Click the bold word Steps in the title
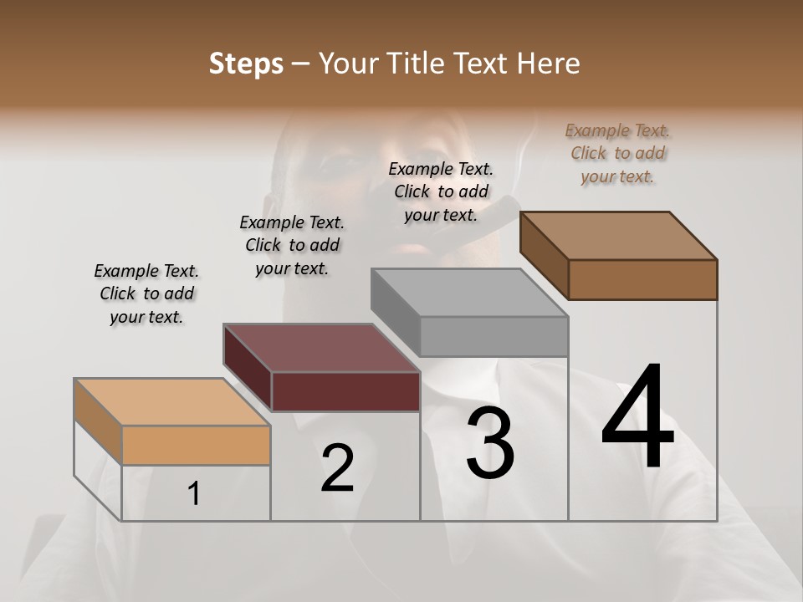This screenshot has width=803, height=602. (246, 64)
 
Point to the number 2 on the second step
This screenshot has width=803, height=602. (337, 468)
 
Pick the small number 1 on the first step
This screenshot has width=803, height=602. (194, 494)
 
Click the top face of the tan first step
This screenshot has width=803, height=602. (171, 402)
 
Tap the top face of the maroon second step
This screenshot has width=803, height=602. (321, 348)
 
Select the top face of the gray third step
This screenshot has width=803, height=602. (470, 293)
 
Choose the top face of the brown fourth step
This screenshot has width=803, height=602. (619, 236)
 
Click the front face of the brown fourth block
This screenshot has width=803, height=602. (642, 279)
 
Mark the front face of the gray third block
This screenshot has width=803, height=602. (494, 336)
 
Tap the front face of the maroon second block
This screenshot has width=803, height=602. (345, 391)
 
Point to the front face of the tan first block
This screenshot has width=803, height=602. (196, 445)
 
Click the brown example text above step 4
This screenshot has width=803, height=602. (618, 153)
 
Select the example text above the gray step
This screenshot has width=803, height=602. (441, 191)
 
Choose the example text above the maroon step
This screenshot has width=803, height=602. (292, 245)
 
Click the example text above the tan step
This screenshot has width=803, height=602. (146, 293)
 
